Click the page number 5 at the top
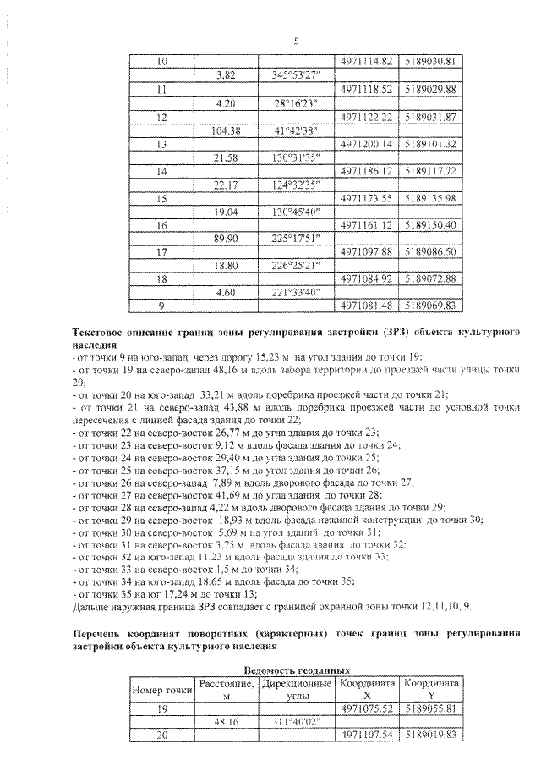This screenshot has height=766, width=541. [x=296, y=41]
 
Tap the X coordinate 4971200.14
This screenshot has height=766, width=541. [x=367, y=144]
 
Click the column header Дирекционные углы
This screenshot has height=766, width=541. [x=298, y=689]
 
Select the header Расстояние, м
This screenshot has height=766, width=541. [x=227, y=689]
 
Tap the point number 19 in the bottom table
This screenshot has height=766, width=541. [x=162, y=708]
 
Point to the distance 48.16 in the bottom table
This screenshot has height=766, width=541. [x=227, y=722]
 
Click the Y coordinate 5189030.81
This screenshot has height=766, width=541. [x=431, y=62]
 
